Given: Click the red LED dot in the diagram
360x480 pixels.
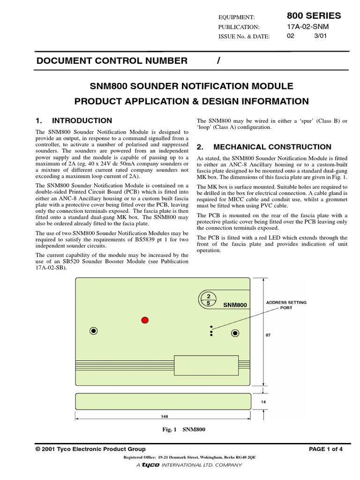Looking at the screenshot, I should (x=145, y=320).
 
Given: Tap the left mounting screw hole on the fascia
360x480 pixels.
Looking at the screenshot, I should (x=94, y=330).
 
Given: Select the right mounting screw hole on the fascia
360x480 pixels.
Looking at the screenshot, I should (x=235, y=333).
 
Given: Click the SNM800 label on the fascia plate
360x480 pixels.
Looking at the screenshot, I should (x=235, y=305).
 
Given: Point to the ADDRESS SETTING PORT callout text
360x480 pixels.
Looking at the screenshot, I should (x=286, y=306).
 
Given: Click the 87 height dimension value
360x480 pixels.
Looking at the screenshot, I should (x=268, y=336).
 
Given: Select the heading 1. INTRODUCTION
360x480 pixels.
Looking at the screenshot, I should (x=74, y=120).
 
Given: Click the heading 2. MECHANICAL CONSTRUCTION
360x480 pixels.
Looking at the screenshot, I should (x=264, y=147).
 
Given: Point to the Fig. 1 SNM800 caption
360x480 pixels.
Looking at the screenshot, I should (x=183, y=429).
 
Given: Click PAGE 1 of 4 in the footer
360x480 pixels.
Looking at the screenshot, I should (x=326, y=449).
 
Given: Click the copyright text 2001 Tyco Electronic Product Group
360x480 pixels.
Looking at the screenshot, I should (x=90, y=449).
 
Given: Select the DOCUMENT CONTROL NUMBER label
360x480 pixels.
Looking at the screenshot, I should (x=112, y=60).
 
